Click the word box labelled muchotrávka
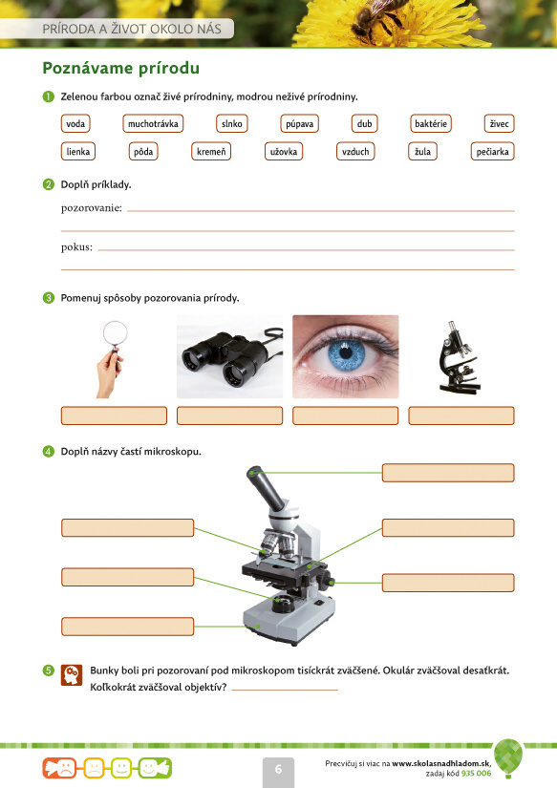153,123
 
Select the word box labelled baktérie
431,123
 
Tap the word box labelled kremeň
211,151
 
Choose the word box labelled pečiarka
492,151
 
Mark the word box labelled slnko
232,123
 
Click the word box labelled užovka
284,151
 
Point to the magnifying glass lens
115,332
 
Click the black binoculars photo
229,357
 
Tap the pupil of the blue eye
345,352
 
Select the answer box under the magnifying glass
114,415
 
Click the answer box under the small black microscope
461,415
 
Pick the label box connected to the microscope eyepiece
448,473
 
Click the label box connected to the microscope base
128,627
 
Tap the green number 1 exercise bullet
49,96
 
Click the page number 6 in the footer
278,770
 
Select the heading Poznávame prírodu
120,68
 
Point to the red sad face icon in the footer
60,768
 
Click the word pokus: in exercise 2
77,247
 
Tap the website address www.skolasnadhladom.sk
441,763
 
